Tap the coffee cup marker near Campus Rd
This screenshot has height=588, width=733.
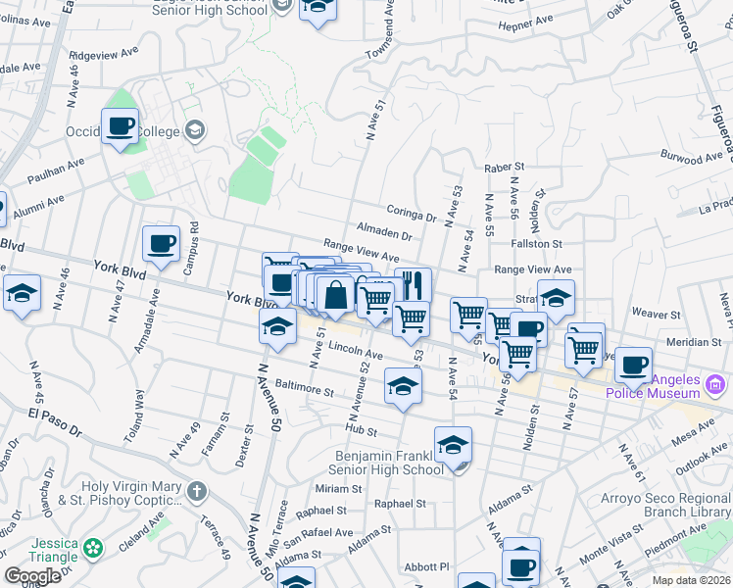coord(161,244)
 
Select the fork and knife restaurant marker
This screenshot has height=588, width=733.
coord(413,285)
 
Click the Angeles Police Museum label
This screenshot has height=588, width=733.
coord(651,386)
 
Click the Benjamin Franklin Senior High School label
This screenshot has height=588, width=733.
coord(390,463)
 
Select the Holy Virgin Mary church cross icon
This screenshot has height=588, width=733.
coord(197,490)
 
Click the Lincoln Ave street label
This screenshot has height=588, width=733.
coord(355,350)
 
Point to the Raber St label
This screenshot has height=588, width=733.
coord(506,168)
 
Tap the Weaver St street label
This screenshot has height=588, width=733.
coord(656,315)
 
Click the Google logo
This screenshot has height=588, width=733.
coord(33,576)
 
